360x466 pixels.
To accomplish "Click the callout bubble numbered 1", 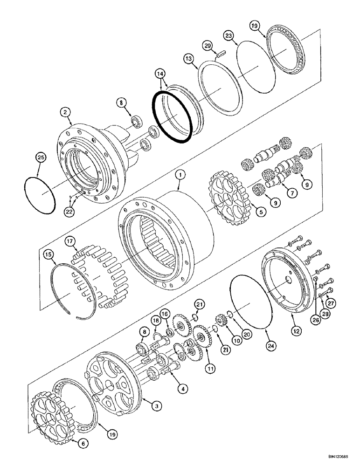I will coord(180,175).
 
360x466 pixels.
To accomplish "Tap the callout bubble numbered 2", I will coord(65,112).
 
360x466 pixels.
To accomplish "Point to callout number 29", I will coord(208,46).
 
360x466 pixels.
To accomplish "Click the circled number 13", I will coord(188,59).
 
